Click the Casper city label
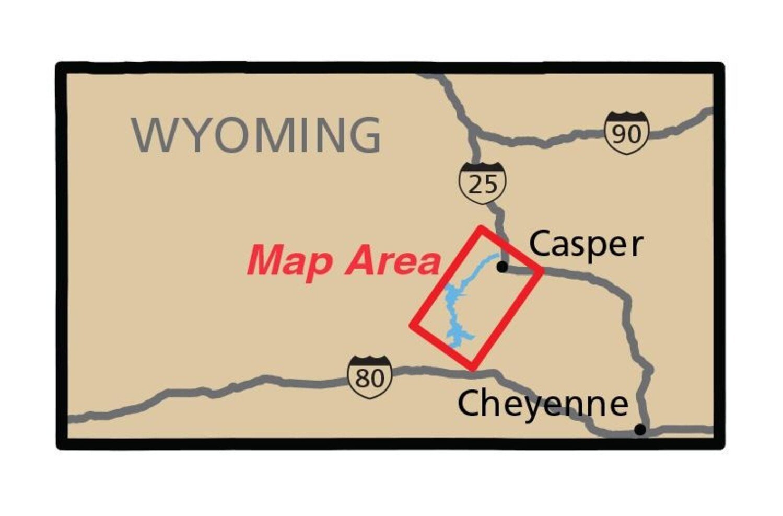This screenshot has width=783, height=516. click(586, 245)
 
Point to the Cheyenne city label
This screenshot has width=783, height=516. click(543, 404)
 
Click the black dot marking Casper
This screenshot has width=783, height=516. click(502, 267)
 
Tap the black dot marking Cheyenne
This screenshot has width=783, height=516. click(640, 430)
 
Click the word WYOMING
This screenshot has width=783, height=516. click(256, 135)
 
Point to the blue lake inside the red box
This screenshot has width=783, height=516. click(453, 308)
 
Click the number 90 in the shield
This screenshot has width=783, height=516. click(626, 135)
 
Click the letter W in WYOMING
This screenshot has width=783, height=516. click(152, 135)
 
